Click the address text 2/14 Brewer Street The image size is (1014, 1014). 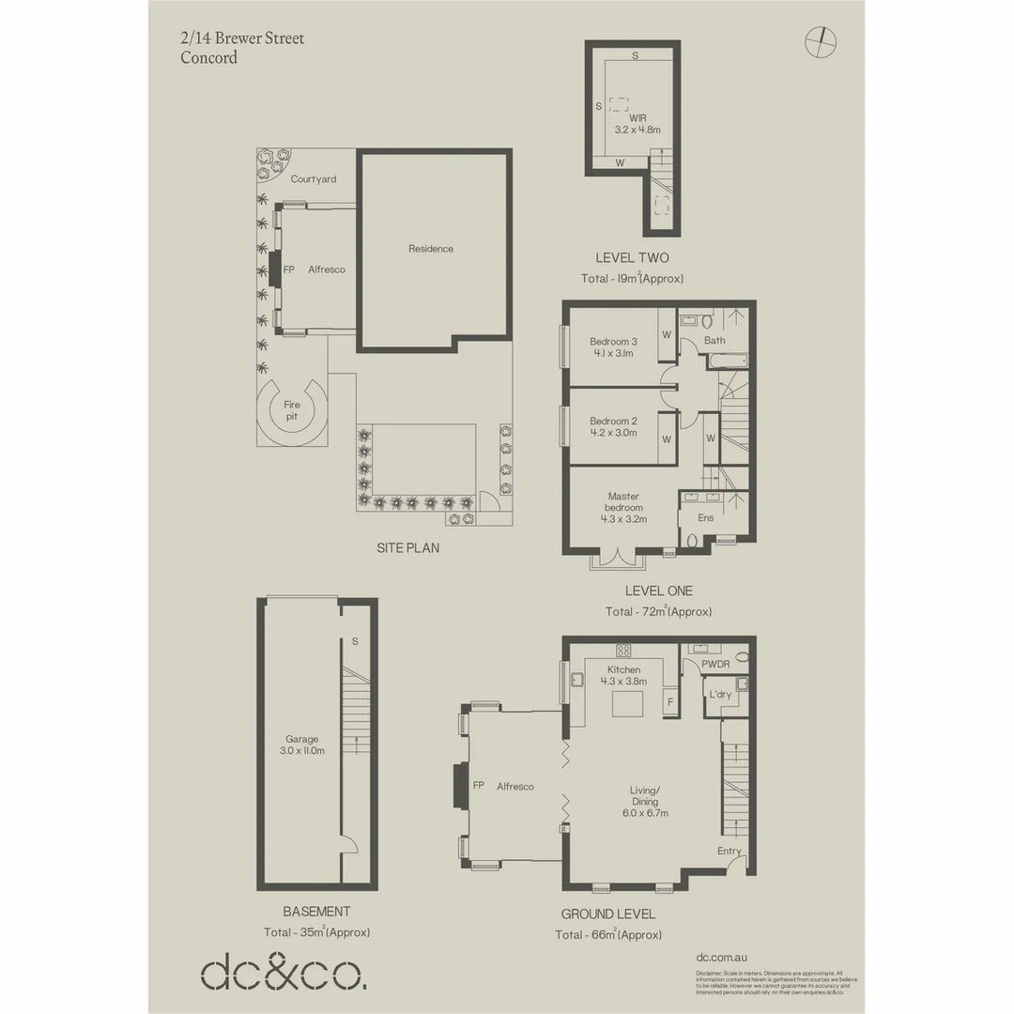242,38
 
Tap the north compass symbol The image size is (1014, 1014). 820,39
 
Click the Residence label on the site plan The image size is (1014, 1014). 431,249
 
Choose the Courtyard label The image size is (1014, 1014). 314,179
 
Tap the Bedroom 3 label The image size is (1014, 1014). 614,341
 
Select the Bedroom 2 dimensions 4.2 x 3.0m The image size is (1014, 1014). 613,433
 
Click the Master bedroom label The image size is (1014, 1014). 623,501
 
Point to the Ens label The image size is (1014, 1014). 705,517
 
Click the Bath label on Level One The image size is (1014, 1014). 714,341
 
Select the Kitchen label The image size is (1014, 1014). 623,669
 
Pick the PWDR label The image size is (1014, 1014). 715,664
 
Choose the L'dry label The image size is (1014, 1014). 721,694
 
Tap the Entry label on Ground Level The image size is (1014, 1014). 730,852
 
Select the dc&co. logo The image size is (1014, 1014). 283,973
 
